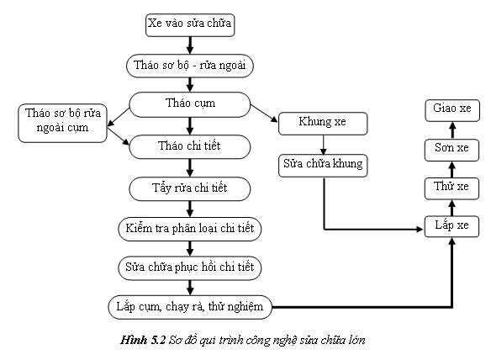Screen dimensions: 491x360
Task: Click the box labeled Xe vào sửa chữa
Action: coord(190,25)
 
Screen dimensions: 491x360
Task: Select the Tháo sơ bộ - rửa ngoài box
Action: coord(190,66)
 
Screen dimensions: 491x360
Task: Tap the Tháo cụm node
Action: coord(190,104)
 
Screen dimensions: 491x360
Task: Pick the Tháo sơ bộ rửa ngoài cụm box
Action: coord(62,123)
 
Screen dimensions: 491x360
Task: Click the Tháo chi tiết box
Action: coord(190,146)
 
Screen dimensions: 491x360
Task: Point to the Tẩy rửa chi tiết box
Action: coord(190,188)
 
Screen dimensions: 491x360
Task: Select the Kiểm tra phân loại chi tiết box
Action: coord(190,229)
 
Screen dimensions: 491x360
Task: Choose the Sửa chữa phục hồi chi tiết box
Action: coord(190,268)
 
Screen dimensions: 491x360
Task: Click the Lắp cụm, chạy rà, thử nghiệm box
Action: coord(190,307)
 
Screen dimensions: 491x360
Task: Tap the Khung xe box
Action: coord(323,124)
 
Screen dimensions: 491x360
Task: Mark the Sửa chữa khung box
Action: coord(323,166)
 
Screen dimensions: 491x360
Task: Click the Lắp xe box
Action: coord(451,226)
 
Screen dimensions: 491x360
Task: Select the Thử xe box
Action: coord(451,188)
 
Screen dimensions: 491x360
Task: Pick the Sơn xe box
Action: coord(451,150)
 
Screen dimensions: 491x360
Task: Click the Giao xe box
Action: coord(452,110)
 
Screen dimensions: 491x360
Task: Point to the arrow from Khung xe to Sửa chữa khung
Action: coord(324,145)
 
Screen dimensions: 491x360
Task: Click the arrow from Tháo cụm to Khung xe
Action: coord(264,113)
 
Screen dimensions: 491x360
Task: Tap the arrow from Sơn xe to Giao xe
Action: coord(452,130)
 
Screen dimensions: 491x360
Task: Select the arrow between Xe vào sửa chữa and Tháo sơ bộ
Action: coord(190,45)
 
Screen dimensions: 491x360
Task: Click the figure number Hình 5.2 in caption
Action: coord(143,341)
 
